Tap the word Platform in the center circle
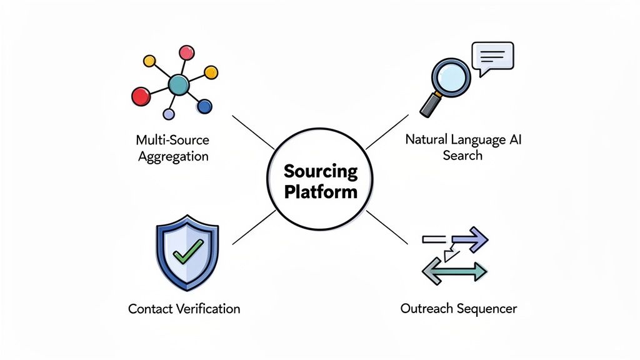click(321, 191)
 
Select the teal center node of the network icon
click(178, 84)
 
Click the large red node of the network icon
click(141, 96)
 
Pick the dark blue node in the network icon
click(204, 107)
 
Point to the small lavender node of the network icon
click(168, 114)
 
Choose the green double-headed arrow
click(454, 271)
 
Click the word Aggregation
click(172, 156)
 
